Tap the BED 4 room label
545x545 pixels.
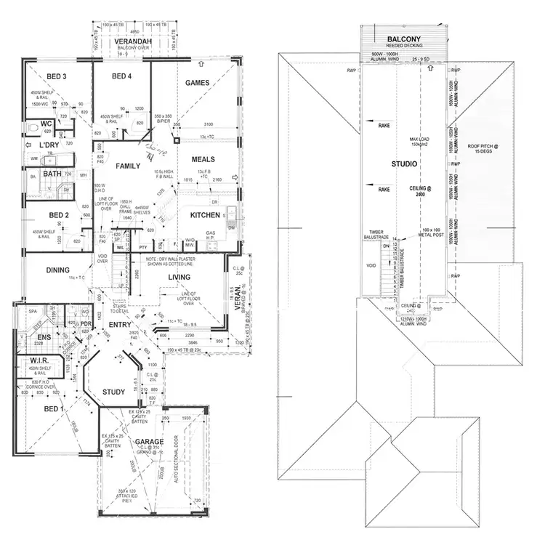[x=123, y=76]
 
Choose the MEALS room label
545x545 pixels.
[x=203, y=159]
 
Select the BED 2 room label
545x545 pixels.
[x=59, y=215]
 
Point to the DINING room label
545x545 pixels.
[x=58, y=270]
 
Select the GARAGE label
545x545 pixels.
[x=148, y=441]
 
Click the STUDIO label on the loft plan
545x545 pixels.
[x=403, y=163]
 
